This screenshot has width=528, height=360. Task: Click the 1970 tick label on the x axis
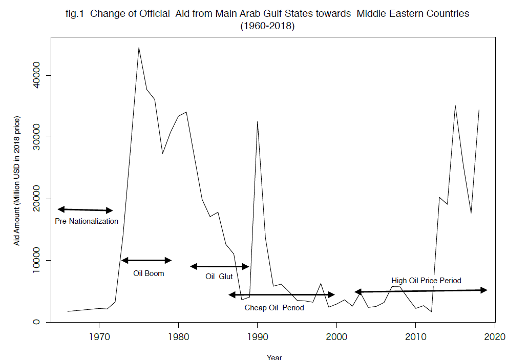99,337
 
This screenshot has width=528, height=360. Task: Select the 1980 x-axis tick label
178,337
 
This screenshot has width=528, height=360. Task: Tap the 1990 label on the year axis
257,337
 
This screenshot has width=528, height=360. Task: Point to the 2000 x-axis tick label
336,337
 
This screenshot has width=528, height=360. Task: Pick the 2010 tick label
415,337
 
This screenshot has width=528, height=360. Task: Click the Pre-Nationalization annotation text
87,221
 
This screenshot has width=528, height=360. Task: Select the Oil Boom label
149,273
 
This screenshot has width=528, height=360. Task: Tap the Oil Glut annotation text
219,277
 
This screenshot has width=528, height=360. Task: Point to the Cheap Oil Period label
274,308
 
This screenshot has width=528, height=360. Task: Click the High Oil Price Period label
426,281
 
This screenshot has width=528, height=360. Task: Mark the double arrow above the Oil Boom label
146,261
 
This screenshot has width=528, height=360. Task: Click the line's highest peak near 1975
138,48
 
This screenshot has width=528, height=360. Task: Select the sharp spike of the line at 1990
257,122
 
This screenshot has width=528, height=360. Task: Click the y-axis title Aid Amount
17,181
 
